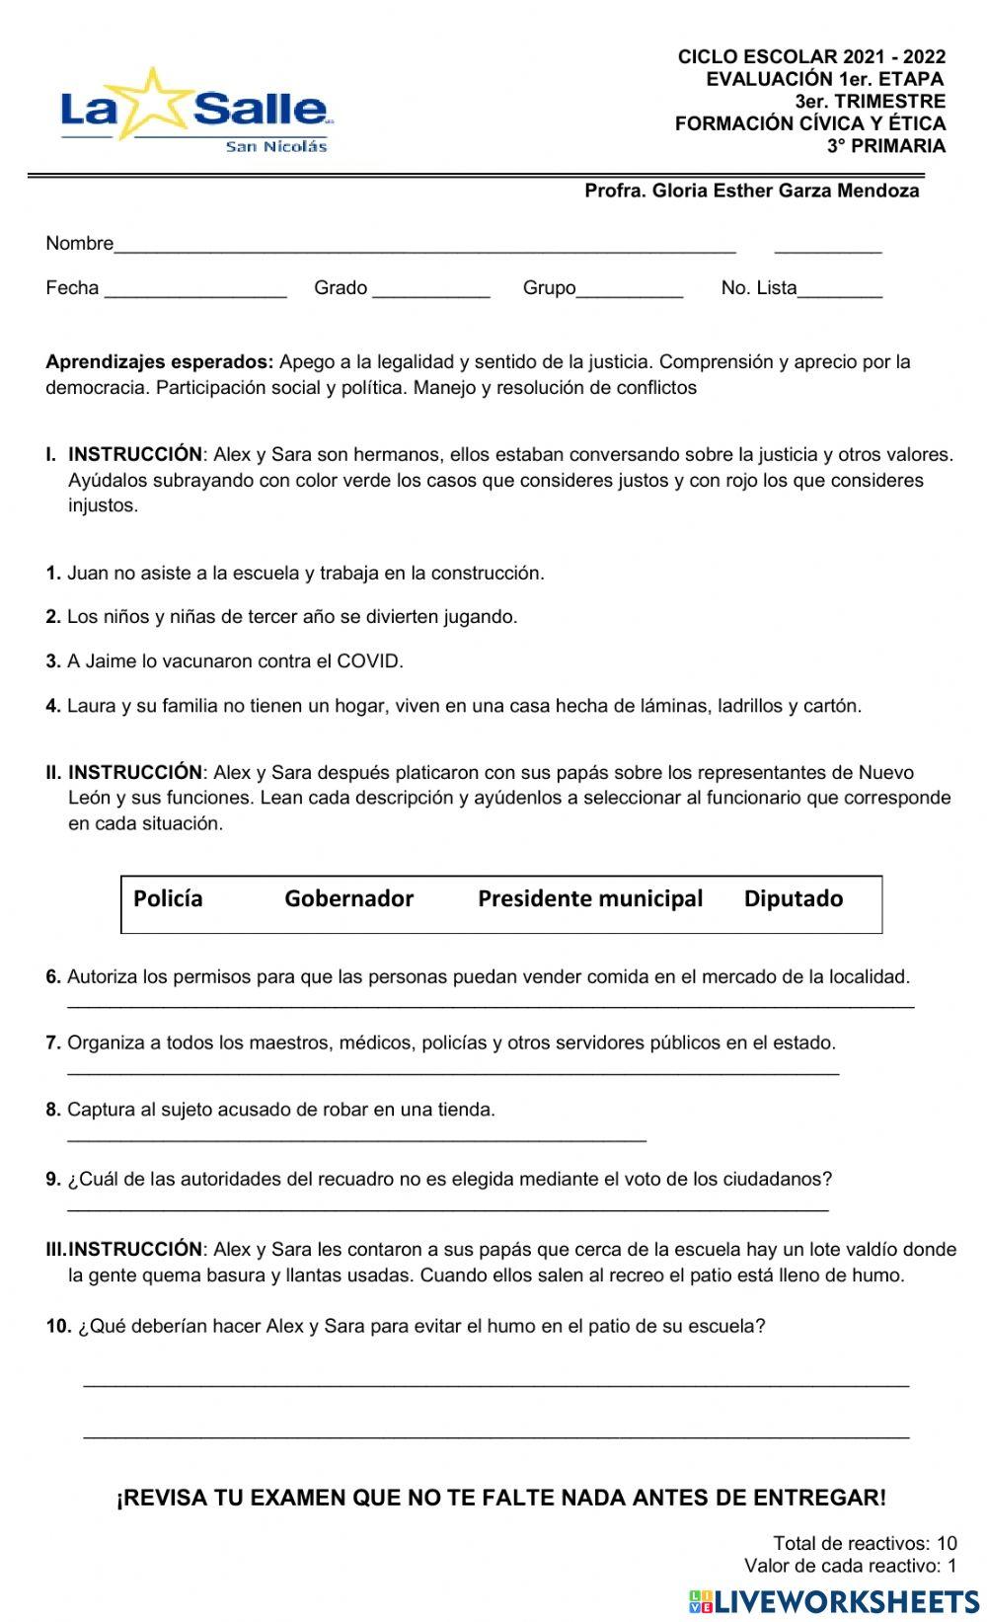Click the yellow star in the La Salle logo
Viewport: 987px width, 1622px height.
(154, 102)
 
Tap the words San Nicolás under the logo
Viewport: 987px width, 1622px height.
(275, 146)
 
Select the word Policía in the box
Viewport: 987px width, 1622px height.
(168, 898)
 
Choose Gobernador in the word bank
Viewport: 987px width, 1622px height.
(348, 898)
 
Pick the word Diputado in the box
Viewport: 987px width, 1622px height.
(793, 898)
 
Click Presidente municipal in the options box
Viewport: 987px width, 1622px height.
(589, 898)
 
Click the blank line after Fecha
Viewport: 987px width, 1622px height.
(195, 293)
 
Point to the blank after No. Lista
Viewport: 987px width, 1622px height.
(840, 293)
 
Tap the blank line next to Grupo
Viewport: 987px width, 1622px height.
(630, 293)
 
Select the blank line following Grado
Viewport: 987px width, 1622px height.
(430, 293)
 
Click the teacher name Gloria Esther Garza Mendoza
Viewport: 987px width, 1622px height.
(752, 191)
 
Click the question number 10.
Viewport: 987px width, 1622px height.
(58, 1326)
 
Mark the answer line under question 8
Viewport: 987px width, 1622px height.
(355, 1139)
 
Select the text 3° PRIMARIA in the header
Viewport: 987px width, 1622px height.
(885, 146)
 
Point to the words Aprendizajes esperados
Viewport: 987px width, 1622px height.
(159, 361)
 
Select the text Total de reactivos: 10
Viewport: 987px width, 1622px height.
(865, 1543)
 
